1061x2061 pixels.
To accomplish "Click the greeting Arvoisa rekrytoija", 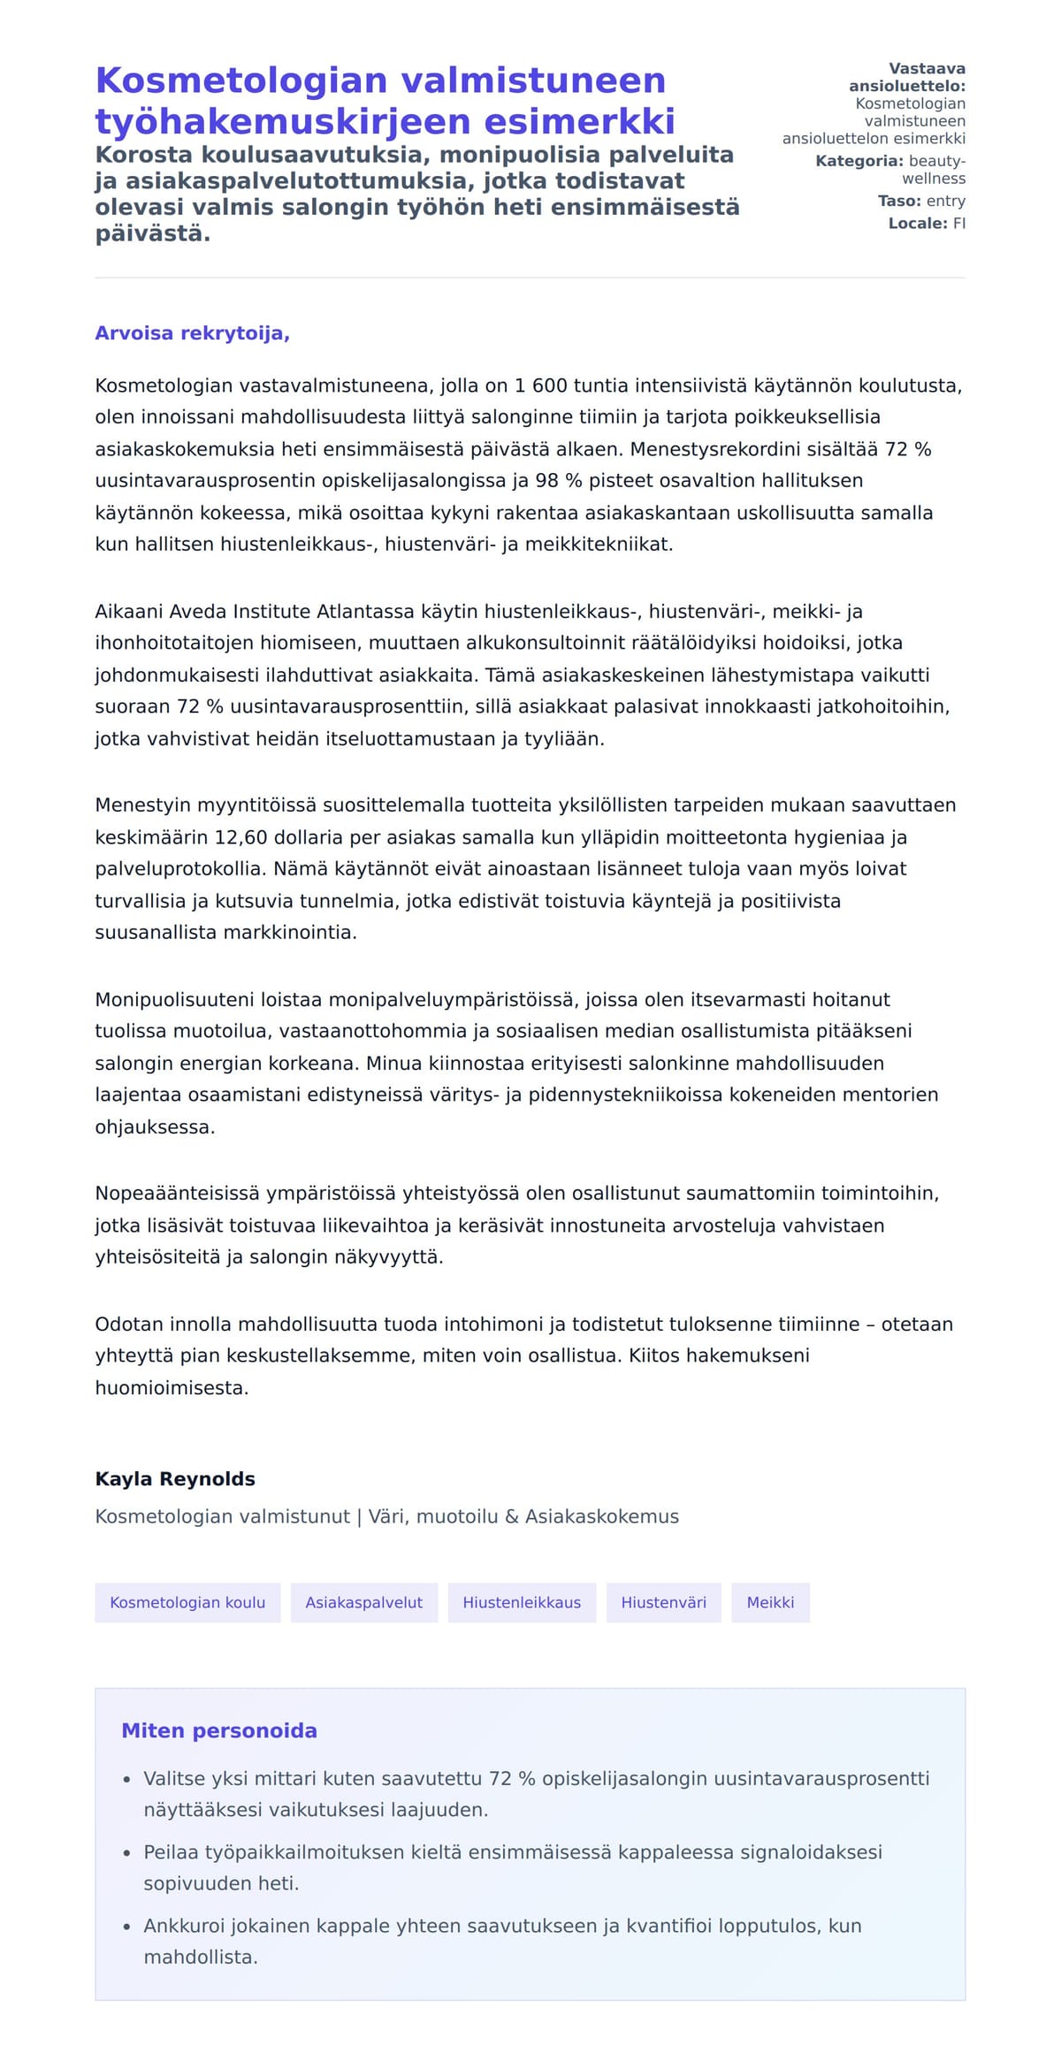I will coord(192,333).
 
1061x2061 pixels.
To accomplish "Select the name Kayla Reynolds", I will coord(175,1478).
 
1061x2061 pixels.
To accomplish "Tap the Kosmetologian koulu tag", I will coord(187,1602).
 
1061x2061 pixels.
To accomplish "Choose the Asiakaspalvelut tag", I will coord(364,1602).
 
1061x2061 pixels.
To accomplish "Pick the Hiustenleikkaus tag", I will coord(522,1602).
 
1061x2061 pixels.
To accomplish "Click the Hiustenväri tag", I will coord(663,1602).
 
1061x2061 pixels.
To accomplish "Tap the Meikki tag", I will coord(770,1602).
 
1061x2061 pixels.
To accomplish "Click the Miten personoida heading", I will coord(219,1730).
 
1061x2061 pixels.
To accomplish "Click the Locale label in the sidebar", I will coord(918,224).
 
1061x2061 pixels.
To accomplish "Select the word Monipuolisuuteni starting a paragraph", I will coord(175,999).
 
